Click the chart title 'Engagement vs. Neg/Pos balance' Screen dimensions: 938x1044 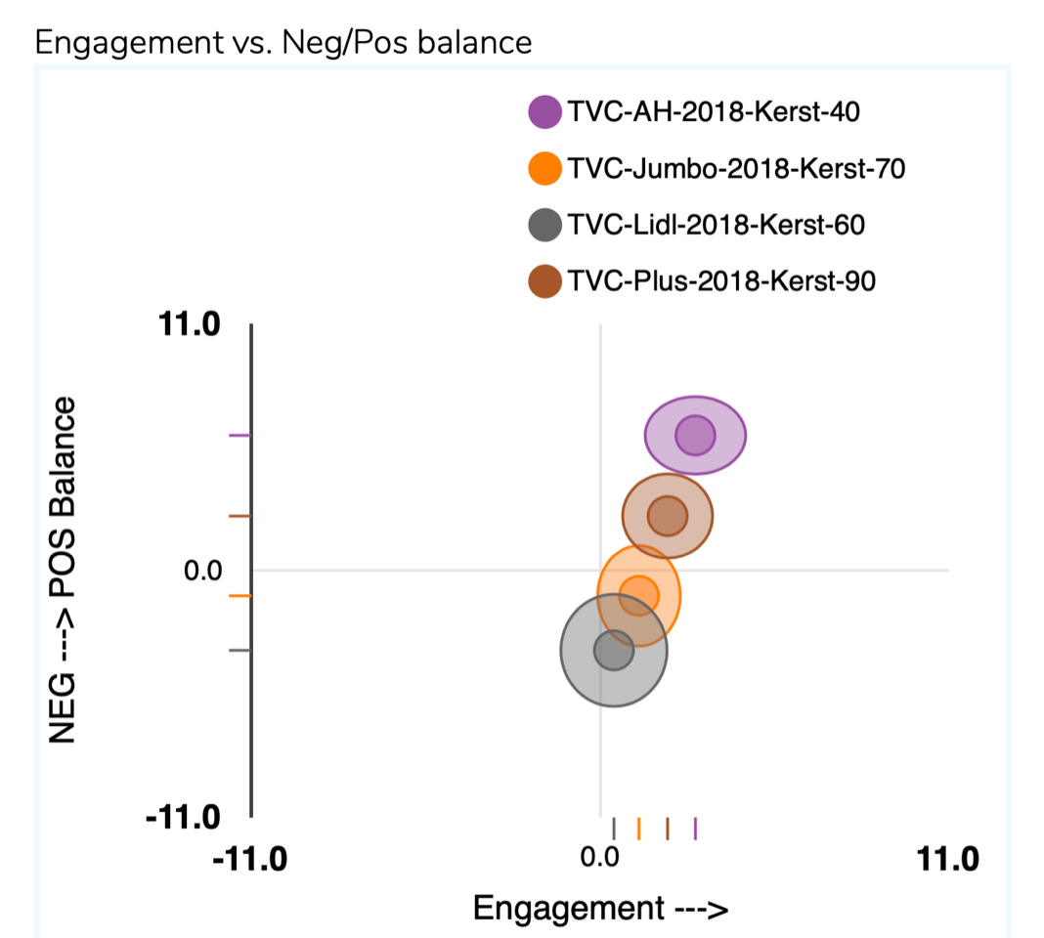click(283, 42)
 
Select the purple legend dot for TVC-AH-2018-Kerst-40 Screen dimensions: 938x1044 click(544, 112)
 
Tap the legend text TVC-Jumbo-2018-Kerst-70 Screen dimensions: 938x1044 click(736, 169)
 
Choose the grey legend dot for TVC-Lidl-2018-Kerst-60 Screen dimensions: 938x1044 click(544, 226)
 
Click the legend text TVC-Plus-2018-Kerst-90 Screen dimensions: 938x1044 click(721, 282)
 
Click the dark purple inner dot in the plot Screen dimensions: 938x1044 click(695, 436)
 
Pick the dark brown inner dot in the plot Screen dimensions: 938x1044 click(668, 516)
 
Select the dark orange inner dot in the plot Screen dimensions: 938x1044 click(638, 595)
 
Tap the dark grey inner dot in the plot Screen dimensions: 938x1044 click(614, 650)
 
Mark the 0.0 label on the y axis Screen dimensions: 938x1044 click(204, 570)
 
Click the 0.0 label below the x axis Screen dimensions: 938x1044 click(599, 859)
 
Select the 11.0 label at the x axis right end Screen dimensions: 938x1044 click(946, 859)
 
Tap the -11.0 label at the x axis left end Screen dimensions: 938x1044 click(251, 859)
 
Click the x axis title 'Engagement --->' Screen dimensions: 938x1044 click(600, 908)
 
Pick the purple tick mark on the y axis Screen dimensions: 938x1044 click(240, 436)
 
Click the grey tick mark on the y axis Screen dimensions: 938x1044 click(240, 650)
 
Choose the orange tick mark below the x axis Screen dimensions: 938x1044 click(638, 829)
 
